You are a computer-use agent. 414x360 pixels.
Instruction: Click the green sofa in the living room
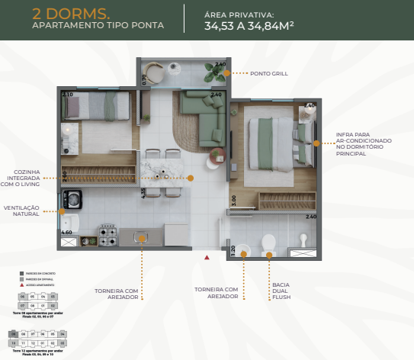200,122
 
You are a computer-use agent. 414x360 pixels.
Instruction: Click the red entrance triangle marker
206,258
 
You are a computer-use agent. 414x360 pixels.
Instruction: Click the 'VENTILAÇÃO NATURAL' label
22,210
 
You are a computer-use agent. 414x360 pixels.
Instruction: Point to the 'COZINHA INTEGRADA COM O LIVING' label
21,178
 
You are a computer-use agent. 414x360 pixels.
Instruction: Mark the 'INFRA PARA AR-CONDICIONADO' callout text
364,141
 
